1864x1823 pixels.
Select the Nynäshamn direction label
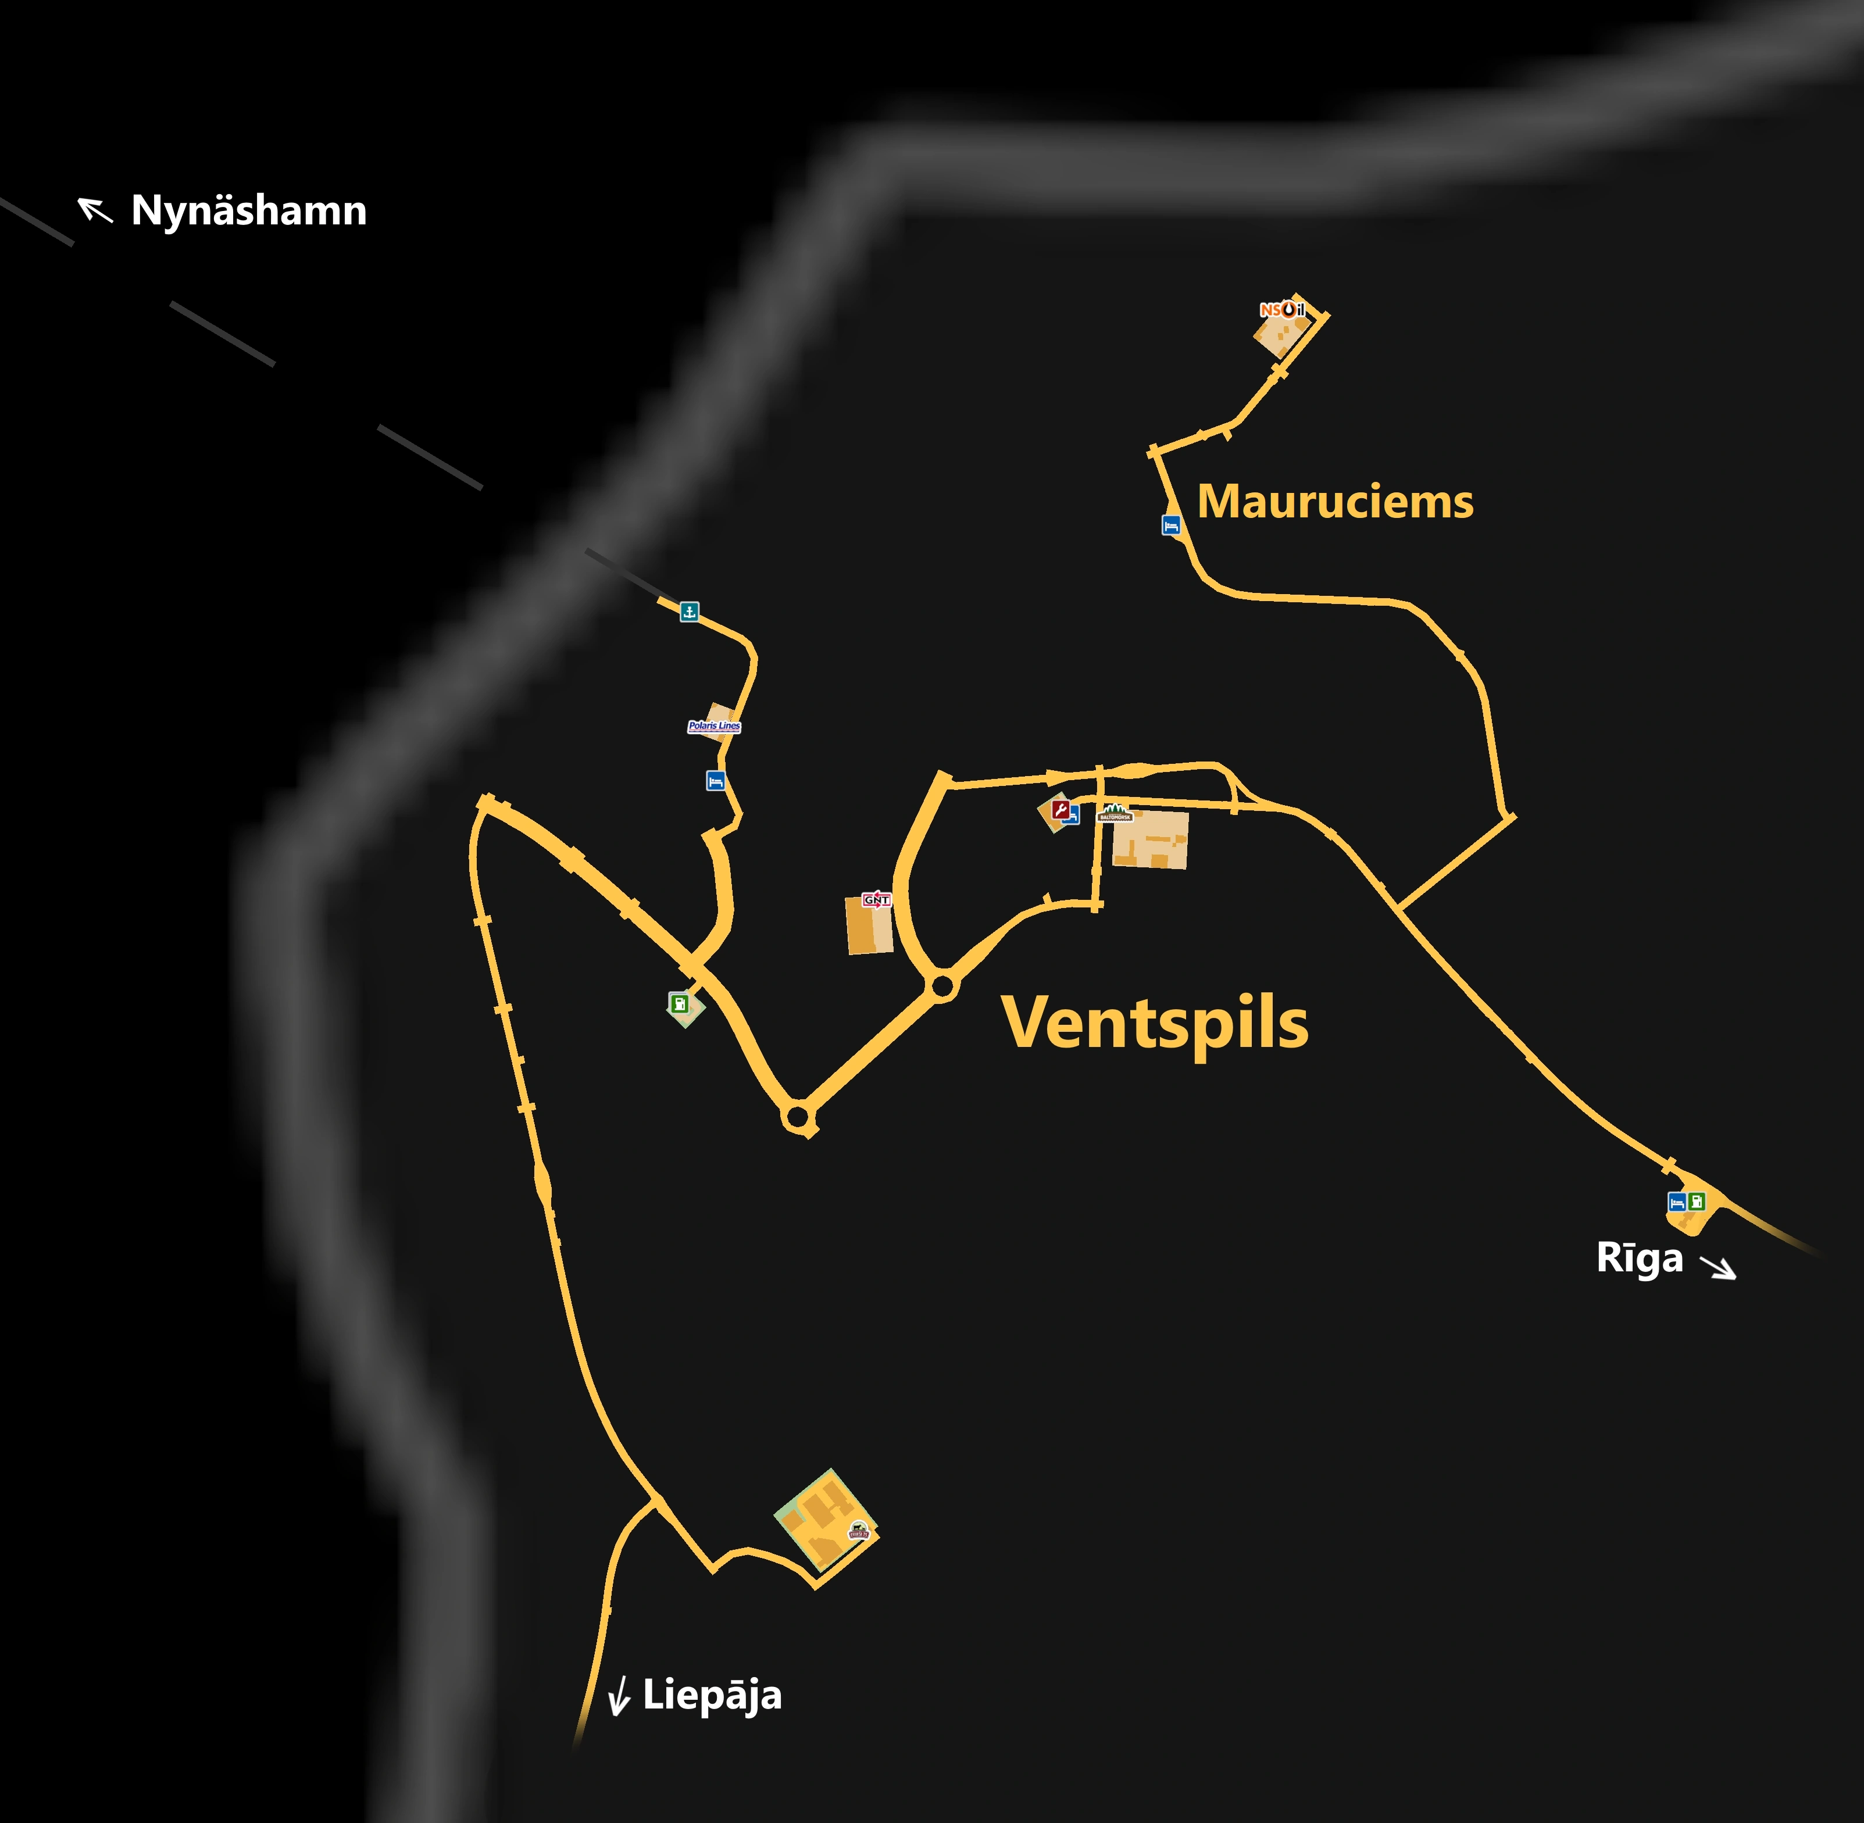click(x=249, y=210)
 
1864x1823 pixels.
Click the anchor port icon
click(x=690, y=611)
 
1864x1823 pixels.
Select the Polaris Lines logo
click(x=714, y=725)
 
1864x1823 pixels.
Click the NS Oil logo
click(x=1282, y=309)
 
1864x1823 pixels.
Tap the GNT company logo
click(x=876, y=899)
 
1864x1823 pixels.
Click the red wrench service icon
click(x=1060, y=810)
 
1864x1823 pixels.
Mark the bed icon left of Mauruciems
click(x=1170, y=525)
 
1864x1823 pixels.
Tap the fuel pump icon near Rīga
click(x=1697, y=1200)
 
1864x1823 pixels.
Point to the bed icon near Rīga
click(x=1676, y=1202)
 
